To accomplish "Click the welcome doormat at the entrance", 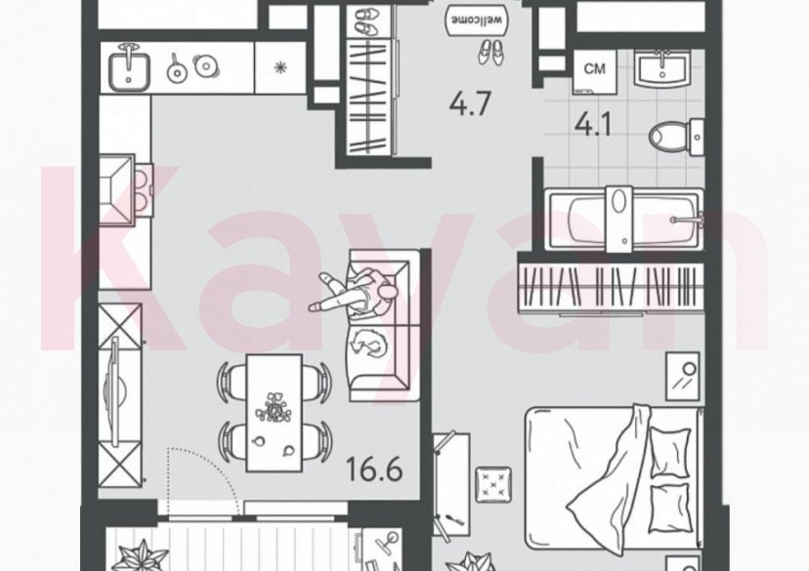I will click(x=470, y=18).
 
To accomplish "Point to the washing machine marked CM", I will click(x=593, y=67).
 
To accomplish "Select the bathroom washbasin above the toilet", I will click(x=665, y=65).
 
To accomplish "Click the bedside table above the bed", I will click(x=682, y=376).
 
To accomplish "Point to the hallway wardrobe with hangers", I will click(x=370, y=98).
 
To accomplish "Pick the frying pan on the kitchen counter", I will click(x=177, y=68).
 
